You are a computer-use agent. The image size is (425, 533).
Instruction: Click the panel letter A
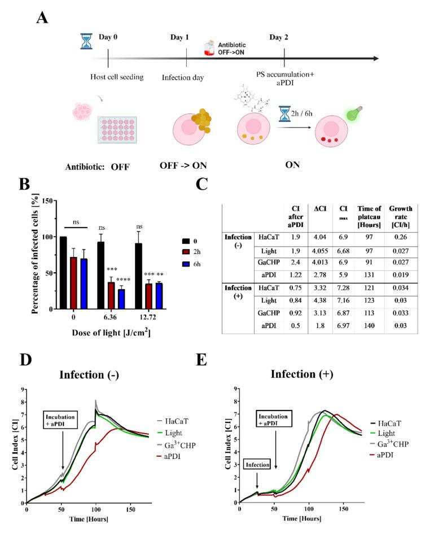[x=42, y=19]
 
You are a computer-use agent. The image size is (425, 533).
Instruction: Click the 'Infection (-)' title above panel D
[x=95, y=375]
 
